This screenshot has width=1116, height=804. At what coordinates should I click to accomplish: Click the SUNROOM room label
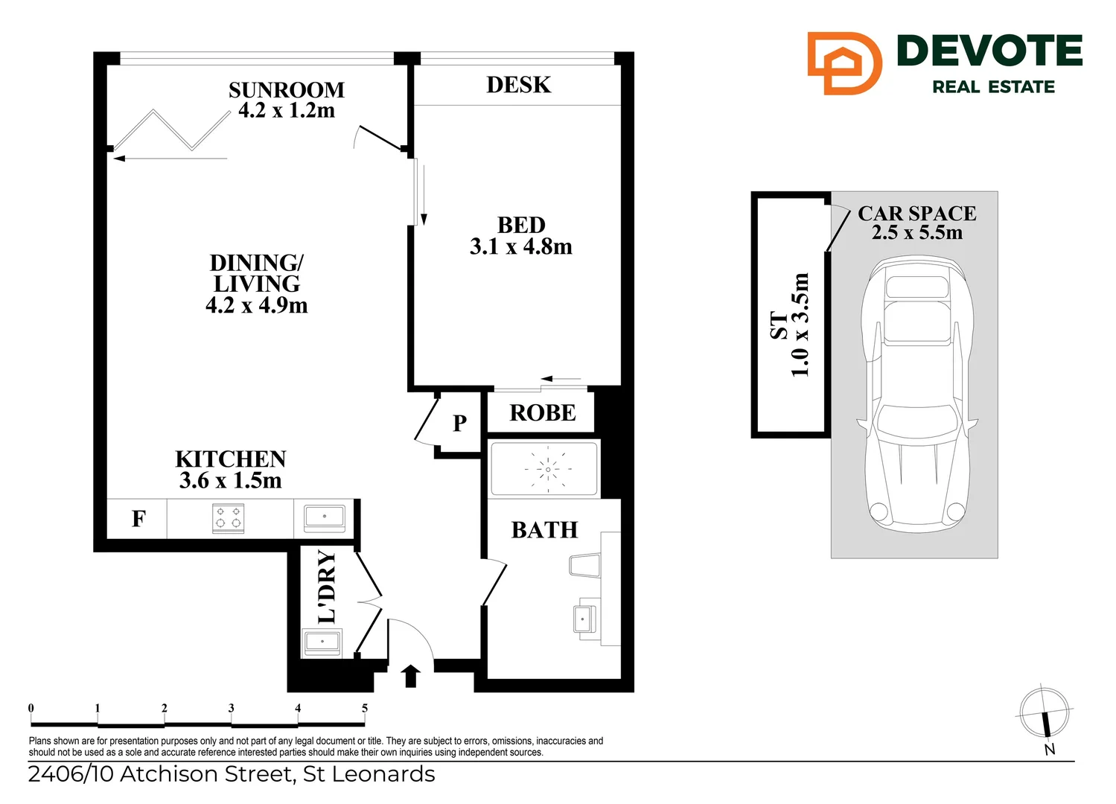[x=286, y=90]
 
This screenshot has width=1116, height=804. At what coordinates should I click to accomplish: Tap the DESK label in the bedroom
[x=518, y=85]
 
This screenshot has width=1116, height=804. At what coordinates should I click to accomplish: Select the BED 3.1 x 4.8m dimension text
[x=520, y=246]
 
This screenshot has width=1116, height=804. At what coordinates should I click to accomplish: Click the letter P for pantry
[x=459, y=423]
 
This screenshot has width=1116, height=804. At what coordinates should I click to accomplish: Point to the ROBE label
[x=542, y=412]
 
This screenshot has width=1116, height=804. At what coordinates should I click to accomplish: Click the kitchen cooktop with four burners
[x=229, y=518]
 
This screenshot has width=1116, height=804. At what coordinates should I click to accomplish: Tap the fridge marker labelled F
[x=138, y=519]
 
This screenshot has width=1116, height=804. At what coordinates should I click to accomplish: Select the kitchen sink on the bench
[x=324, y=517]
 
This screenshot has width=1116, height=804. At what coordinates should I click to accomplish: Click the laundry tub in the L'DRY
[x=322, y=642]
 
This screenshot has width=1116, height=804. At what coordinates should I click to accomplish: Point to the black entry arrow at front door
[x=410, y=676]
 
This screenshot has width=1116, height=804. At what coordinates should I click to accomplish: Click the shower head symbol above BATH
[x=548, y=470]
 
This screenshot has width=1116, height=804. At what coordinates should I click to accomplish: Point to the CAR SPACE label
[x=916, y=214]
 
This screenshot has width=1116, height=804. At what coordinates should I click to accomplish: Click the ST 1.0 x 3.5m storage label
[x=789, y=325]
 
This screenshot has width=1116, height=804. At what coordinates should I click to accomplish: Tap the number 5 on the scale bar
[x=365, y=708]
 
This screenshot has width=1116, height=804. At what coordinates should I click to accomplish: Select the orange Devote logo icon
[x=844, y=63]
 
